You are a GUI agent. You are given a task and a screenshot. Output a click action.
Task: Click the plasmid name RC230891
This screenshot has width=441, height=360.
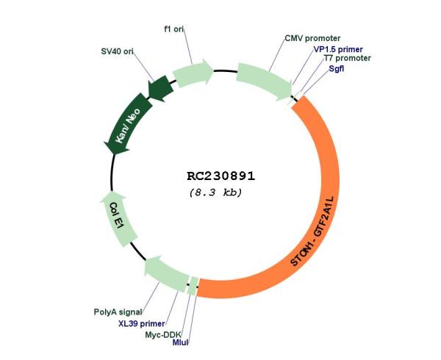(221, 176)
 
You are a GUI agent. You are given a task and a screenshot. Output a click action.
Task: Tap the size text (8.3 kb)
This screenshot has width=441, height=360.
(215, 192)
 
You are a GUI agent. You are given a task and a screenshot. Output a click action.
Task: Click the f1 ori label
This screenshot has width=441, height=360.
(173, 29)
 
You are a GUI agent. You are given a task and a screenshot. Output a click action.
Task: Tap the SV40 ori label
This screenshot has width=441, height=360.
(117, 51)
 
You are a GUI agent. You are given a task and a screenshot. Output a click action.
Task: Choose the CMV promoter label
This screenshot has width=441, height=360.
(312, 38)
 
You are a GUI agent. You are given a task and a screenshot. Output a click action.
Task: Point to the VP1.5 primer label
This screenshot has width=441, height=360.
(338, 49)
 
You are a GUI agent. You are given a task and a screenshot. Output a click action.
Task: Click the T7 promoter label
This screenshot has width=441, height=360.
(348, 58)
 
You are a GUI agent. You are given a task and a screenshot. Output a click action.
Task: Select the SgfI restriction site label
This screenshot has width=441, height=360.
(337, 68)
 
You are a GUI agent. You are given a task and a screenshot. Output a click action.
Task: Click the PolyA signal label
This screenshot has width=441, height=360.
(118, 312)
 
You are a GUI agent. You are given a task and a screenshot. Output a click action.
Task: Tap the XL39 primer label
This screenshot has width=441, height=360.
(141, 324)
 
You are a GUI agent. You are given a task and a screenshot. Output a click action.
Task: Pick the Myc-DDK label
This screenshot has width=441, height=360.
(163, 335)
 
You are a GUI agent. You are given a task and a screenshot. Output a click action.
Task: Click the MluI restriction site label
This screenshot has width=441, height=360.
(180, 342)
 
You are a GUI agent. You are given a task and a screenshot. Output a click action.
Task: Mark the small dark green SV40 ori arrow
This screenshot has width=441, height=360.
(160, 88)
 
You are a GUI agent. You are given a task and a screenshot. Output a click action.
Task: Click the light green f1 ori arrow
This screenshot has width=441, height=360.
(193, 73)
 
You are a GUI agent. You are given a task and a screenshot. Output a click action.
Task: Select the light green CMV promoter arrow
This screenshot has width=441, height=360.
(264, 81)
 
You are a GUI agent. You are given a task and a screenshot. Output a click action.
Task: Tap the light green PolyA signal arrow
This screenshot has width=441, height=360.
(166, 273)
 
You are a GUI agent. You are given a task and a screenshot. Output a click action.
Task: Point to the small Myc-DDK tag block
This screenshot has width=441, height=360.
(193, 286)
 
